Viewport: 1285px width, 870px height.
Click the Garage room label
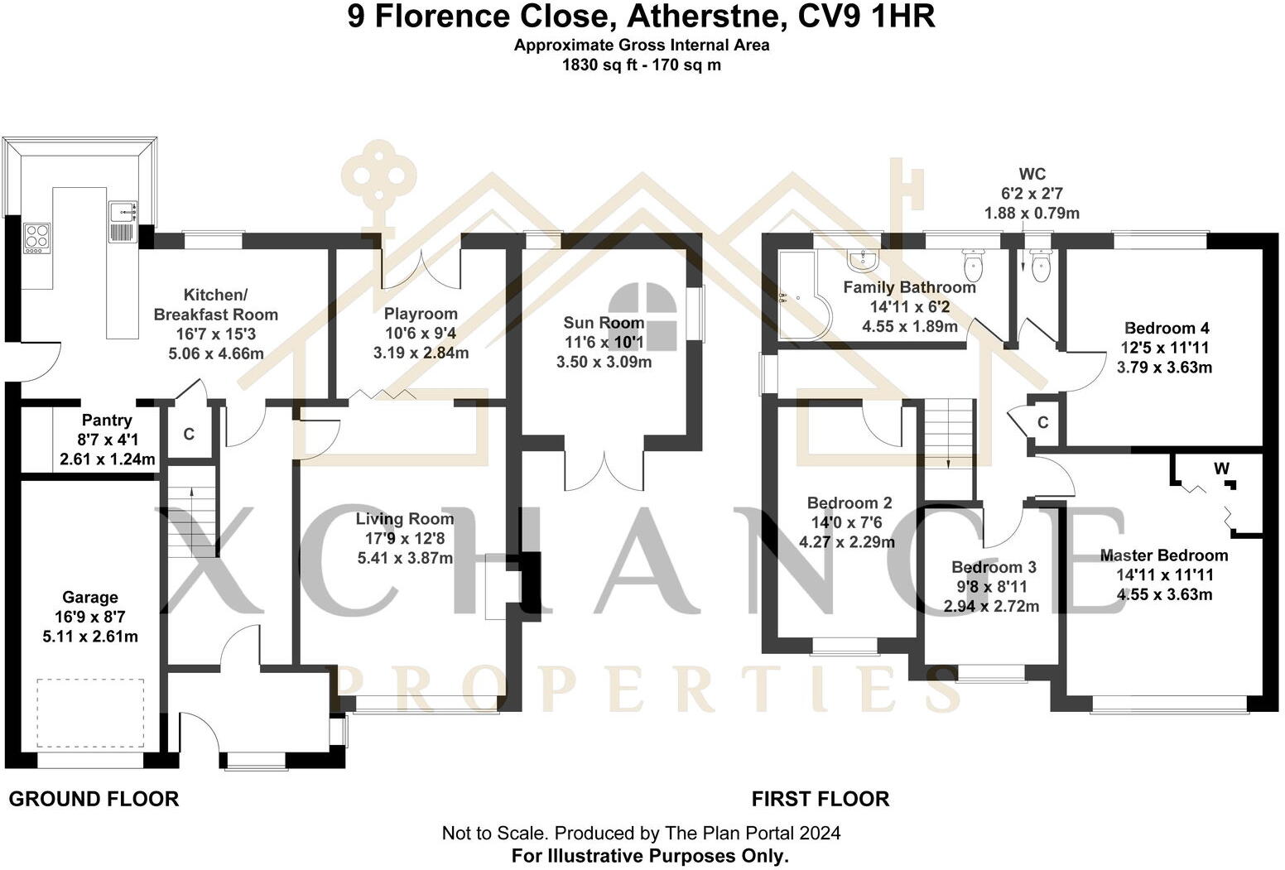point(90,598)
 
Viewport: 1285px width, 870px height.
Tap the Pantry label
point(107,421)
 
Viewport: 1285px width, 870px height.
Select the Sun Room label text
point(604,323)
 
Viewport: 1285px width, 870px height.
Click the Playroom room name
point(421,315)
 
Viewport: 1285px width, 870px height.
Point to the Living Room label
point(405,519)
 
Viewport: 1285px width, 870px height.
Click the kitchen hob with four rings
point(36,237)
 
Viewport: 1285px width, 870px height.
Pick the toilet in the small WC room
point(1040,266)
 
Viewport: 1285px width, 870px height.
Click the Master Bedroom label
point(1163,555)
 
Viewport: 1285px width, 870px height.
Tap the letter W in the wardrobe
point(1221,469)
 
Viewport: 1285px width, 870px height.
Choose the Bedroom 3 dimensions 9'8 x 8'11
point(991,587)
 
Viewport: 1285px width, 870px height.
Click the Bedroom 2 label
point(849,503)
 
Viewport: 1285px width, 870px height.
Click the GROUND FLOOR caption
point(94,799)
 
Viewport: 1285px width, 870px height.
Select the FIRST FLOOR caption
point(820,799)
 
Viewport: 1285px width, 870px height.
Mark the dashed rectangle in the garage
point(90,713)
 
